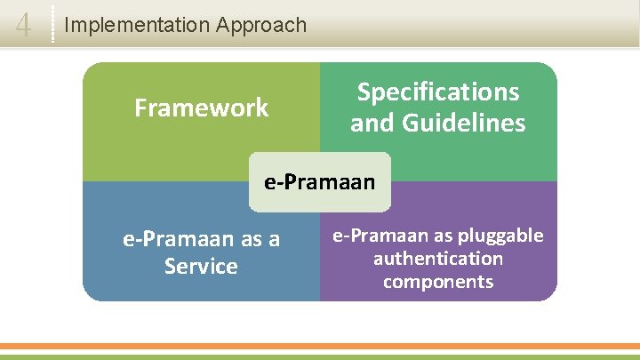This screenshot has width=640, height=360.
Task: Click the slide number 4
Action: click(24, 26)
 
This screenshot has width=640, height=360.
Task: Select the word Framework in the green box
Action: click(201, 108)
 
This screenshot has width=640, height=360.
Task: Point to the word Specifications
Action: click(438, 92)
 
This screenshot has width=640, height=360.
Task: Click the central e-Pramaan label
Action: click(320, 182)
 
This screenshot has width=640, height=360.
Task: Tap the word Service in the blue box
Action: click(201, 266)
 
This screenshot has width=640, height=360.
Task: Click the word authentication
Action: click(438, 259)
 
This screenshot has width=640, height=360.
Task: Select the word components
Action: click(438, 282)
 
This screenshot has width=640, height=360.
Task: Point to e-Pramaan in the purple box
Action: click(378, 236)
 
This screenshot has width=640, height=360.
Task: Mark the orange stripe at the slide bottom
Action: click(320, 346)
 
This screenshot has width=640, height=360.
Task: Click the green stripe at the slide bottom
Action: click(320, 356)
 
